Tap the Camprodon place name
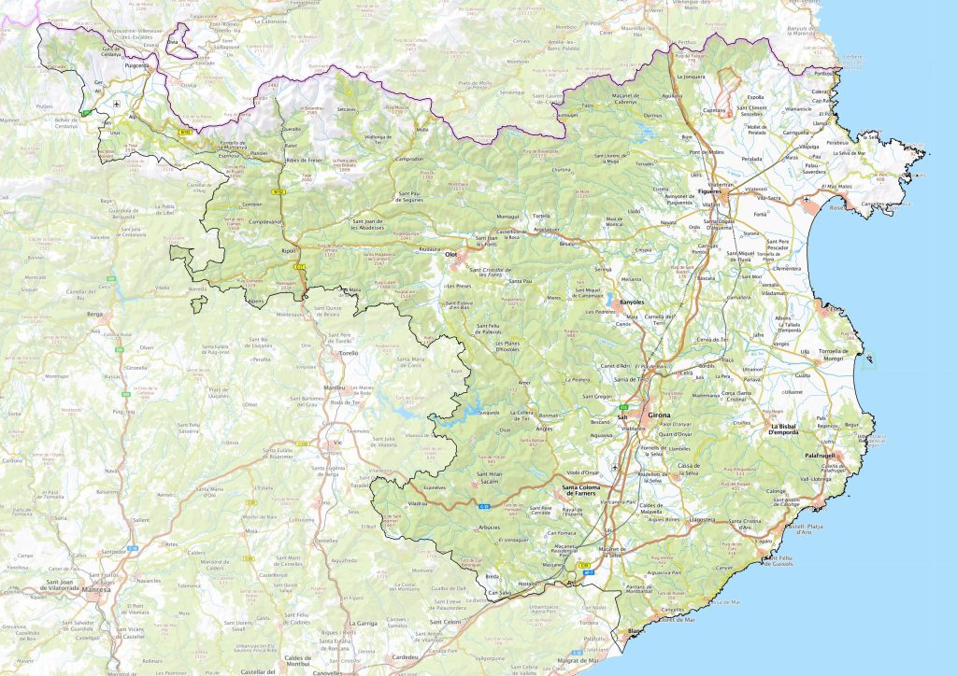[x=409, y=159]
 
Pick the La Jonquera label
[x=689, y=76]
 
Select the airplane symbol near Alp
[x=115, y=103]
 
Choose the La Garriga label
[x=364, y=622]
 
